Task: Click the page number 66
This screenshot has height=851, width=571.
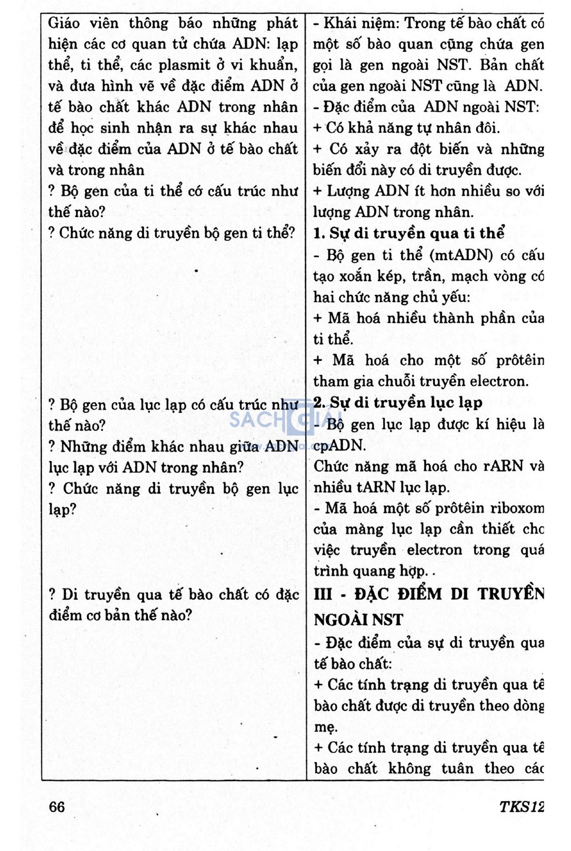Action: [57, 806]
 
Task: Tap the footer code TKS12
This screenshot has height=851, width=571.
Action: [521, 807]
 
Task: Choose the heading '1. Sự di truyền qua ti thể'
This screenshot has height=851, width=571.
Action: [409, 233]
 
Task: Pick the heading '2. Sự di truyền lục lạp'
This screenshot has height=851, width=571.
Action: [398, 403]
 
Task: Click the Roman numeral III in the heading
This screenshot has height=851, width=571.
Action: [323, 594]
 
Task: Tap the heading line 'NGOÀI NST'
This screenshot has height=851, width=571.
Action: [358, 619]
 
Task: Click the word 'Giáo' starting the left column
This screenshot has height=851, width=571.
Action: [64, 23]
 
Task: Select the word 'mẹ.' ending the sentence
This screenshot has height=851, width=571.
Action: [326, 727]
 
